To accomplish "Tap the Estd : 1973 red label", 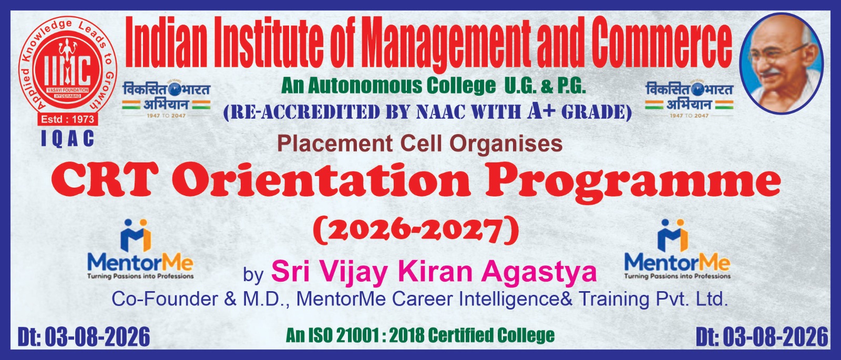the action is click(68, 119).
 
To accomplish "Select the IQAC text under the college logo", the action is click(68, 139).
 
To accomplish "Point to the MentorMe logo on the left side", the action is click(140, 249).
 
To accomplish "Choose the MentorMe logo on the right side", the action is click(678, 249).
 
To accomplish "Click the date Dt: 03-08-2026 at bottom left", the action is click(84, 337).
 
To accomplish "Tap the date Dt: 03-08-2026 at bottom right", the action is click(762, 337).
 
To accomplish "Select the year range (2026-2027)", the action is click(416, 230).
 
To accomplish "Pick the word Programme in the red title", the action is click(633, 183).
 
